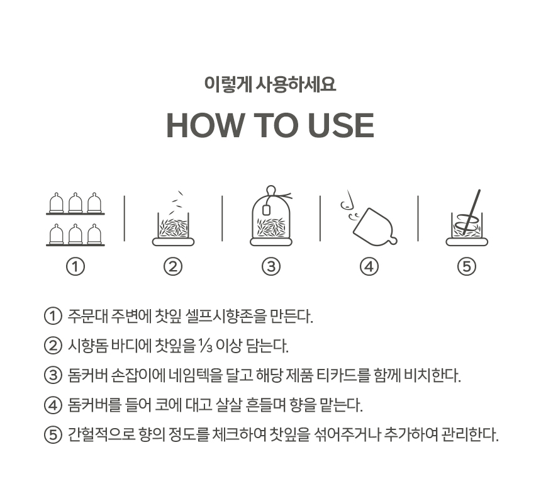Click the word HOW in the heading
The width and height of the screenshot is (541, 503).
204,125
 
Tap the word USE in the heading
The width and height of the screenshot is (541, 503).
341,125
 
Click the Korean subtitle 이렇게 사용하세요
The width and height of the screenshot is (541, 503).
270,84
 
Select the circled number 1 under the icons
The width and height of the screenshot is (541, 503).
75,266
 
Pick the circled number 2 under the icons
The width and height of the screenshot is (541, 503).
173,266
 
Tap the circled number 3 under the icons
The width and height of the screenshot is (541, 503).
271,266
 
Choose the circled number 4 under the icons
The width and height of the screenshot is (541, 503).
369,266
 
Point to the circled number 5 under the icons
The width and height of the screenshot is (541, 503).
467,266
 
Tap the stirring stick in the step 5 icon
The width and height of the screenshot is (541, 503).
472,211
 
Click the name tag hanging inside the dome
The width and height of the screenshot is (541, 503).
266,210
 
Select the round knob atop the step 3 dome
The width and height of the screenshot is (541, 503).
271,190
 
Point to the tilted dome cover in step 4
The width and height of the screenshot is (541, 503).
375,227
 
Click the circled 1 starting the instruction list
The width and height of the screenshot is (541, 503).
53,316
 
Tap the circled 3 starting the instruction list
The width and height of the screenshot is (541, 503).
53,375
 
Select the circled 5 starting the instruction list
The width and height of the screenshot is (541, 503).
53,434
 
